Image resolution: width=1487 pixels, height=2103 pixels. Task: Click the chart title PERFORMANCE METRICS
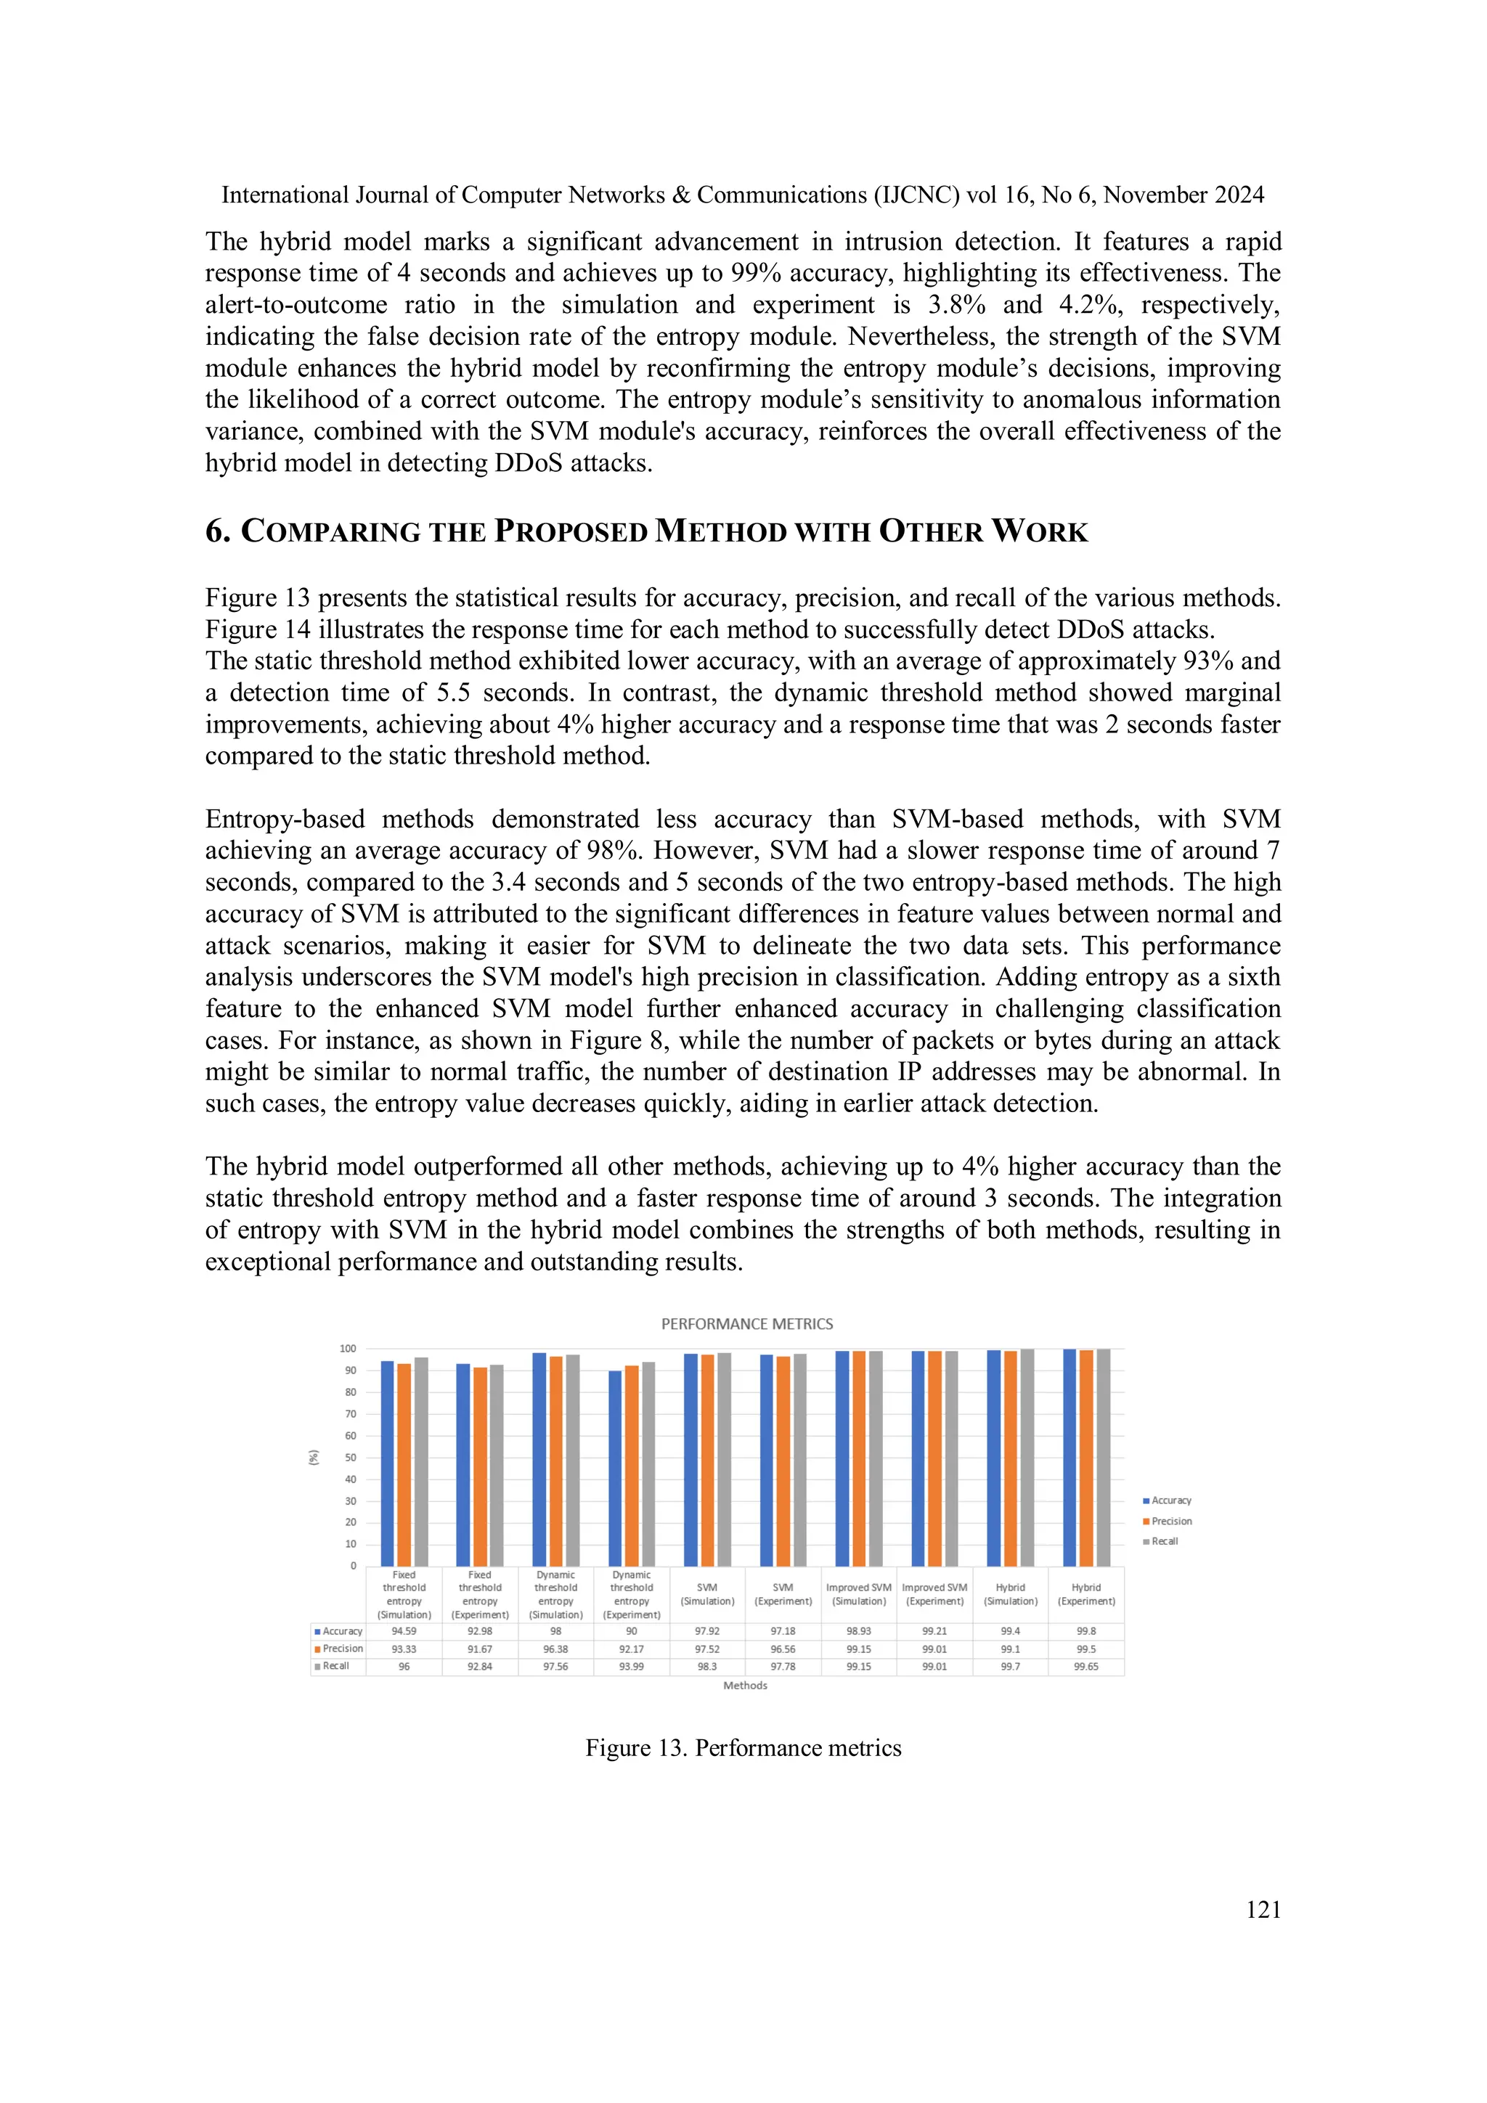click(746, 1323)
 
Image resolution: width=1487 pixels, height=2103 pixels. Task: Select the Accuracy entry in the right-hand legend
click(1170, 1500)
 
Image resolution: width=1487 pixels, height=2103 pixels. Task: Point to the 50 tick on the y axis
click(350, 1457)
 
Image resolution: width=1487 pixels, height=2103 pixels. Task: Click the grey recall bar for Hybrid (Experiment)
click(1103, 1456)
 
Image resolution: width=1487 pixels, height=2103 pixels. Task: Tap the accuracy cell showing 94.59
click(404, 1631)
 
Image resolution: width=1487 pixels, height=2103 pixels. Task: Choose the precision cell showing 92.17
click(631, 1649)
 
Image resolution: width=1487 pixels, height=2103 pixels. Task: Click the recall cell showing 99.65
click(1085, 1666)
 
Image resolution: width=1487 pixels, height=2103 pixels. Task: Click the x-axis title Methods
click(745, 1686)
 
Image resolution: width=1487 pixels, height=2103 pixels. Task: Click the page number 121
click(1263, 1910)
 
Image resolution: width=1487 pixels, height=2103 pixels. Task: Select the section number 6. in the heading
click(218, 531)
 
